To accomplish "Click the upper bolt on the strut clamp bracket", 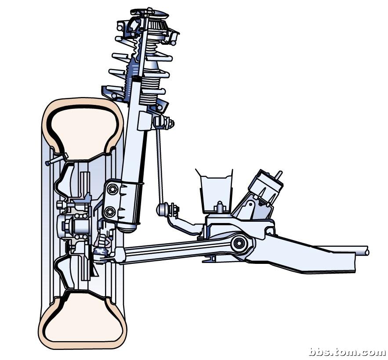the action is [112, 189].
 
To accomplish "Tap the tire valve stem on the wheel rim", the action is [56, 159].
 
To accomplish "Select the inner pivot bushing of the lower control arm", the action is [239, 244].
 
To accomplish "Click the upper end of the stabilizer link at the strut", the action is [163, 122].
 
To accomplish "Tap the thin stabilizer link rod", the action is [160, 166].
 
